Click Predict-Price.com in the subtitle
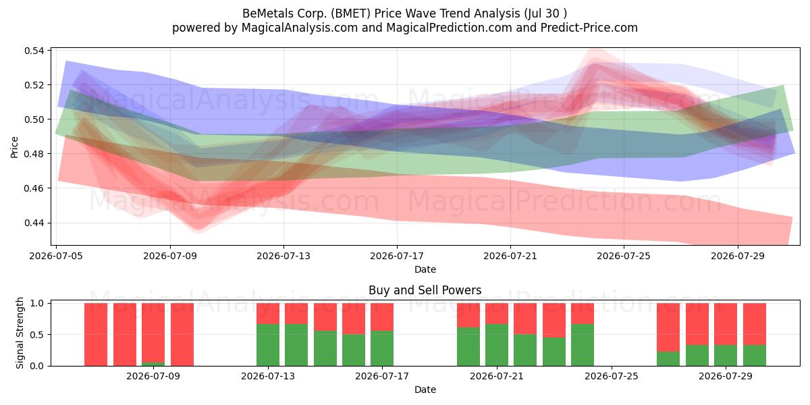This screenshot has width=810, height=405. [589, 28]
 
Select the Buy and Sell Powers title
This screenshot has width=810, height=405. [425, 290]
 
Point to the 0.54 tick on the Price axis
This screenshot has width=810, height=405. [34, 51]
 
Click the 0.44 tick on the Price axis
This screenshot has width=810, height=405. [34, 223]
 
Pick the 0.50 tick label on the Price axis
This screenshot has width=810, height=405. [34, 119]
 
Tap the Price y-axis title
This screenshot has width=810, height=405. [14, 147]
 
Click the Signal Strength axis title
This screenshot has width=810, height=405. [20, 333]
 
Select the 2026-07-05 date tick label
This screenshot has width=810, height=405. [56, 256]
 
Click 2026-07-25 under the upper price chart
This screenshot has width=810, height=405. [624, 256]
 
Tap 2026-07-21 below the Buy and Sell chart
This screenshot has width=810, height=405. [497, 376]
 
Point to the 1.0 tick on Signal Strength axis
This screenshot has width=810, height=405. [36, 303]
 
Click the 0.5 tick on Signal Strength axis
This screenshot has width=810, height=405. [36, 335]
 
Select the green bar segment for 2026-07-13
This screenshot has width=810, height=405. [268, 345]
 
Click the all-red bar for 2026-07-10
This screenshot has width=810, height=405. [182, 335]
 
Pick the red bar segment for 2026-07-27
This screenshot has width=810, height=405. [668, 327]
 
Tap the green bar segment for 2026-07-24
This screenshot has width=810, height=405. [583, 345]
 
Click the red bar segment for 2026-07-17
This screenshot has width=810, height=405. [382, 317]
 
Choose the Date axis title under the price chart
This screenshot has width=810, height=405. [425, 269]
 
